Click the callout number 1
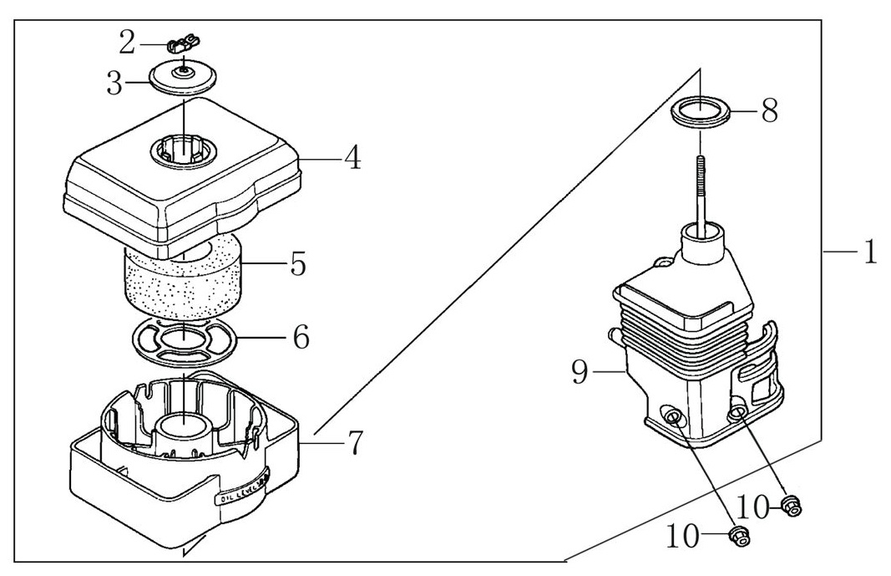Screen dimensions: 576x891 click(x=869, y=252)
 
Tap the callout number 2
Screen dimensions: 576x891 click(x=126, y=40)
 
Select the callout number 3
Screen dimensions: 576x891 click(x=114, y=84)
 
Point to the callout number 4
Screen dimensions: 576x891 click(x=353, y=157)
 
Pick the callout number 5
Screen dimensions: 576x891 click(x=297, y=263)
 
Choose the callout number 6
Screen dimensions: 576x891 click(x=301, y=337)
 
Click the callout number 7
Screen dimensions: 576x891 click(x=355, y=442)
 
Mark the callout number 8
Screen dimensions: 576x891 click(x=769, y=110)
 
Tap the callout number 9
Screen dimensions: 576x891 click(x=581, y=372)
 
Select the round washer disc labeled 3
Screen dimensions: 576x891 click(x=182, y=79)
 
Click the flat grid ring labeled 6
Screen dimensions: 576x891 click(x=185, y=342)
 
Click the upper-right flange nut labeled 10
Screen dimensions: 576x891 click(x=791, y=502)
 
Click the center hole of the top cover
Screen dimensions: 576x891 click(x=183, y=153)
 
